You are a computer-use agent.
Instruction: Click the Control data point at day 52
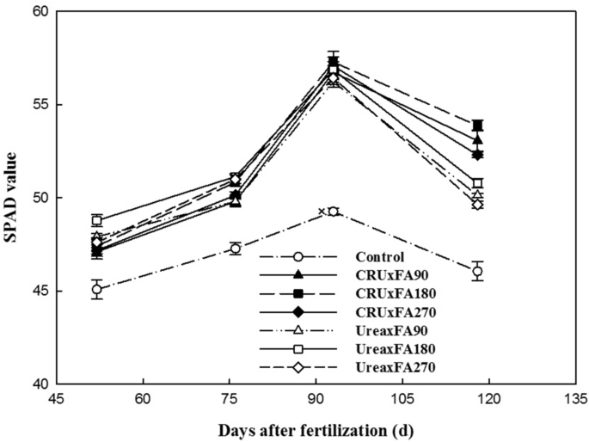[97, 289]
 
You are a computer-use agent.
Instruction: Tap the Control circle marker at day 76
[236, 249]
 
